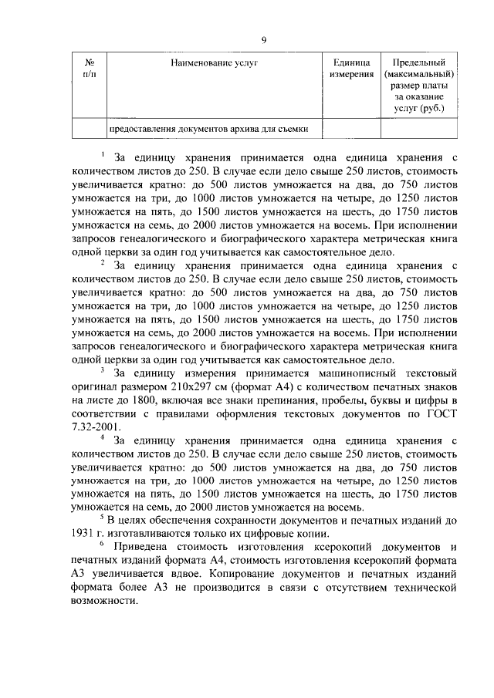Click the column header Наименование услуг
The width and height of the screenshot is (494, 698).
(215, 61)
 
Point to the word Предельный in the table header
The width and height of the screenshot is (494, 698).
(419, 61)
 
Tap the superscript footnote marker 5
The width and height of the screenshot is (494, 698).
(103, 520)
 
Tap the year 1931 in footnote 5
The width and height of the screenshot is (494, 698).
(83, 535)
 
